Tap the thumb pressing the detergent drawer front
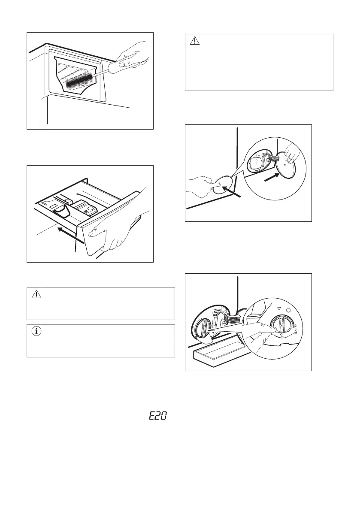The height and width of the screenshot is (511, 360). [92, 232]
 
